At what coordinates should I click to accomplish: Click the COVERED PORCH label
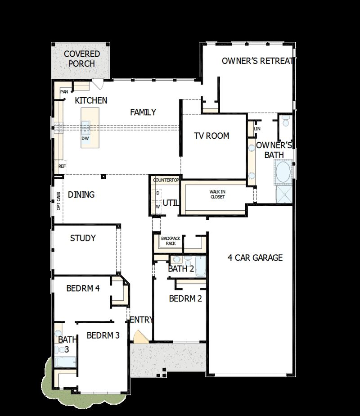pyautogui.click(x=81, y=59)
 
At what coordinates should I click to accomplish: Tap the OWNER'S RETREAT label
pyautogui.click(x=257, y=61)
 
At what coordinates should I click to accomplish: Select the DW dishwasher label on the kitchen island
pyautogui.click(x=85, y=139)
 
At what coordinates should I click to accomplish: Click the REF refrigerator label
pyautogui.click(x=62, y=166)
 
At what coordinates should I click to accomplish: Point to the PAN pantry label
pyautogui.click(x=64, y=92)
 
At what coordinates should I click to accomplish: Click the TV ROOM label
pyautogui.click(x=211, y=136)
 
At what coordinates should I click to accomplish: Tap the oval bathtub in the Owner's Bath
pyautogui.click(x=283, y=172)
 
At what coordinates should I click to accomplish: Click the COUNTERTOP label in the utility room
pyautogui.click(x=166, y=181)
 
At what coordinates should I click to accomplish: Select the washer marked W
pyautogui.click(x=158, y=207)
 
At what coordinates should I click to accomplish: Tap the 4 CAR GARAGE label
pyautogui.click(x=255, y=258)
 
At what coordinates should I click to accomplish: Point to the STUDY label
pyautogui.click(x=83, y=238)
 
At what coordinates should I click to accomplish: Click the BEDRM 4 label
pyautogui.click(x=83, y=289)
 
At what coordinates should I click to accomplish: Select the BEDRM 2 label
pyautogui.click(x=185, y=298)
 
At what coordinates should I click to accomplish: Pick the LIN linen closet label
pyautogui.click(x=257, y=129)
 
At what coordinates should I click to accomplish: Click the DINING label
pyautogui.click(x=81, y=195)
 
